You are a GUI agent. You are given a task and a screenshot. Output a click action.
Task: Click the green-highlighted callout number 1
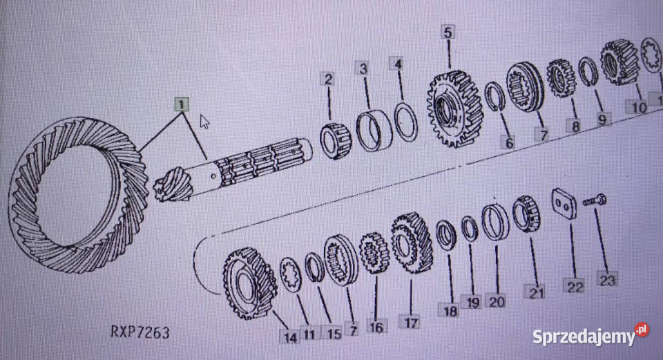(x=180, y=105)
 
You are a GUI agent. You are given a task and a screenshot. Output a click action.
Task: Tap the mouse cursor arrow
(x=204, y=122)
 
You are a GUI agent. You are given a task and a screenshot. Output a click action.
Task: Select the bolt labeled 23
(x=594, y=201)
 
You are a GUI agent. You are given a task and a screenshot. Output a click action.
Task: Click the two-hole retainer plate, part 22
(x=564, y=205)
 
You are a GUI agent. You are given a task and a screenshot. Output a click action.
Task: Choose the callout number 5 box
(x=448, y=32)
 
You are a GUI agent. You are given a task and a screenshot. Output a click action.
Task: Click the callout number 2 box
(x=328, y=79)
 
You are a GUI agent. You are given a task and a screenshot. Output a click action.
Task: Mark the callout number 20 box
(x=495, y=301)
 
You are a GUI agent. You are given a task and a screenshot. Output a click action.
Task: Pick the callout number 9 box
(x=603, y=119)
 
